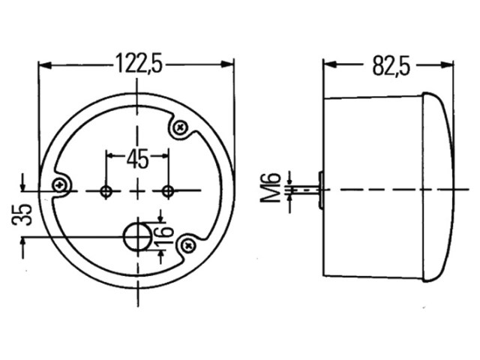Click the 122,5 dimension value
tap(139, 64)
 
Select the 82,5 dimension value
tap(391, 65)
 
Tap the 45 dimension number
tap(138, 159)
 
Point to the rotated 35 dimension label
tap(22, 214)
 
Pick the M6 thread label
tap(271, 187)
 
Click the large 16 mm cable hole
tap(138, 237)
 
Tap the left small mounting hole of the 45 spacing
tap(106, 192)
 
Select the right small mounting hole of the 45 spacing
tap(168, 192)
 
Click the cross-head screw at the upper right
tap(180, 127)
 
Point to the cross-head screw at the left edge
tap(59, 185)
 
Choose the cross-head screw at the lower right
tap(187, 245)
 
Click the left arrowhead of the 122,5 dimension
tap(45, 65)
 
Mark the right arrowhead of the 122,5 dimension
tap(227, 64)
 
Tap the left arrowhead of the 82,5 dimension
tap(330, 64)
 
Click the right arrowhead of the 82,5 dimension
tap(447, 65)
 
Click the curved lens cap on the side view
tap(438, 187)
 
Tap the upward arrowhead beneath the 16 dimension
tap(161, 256)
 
